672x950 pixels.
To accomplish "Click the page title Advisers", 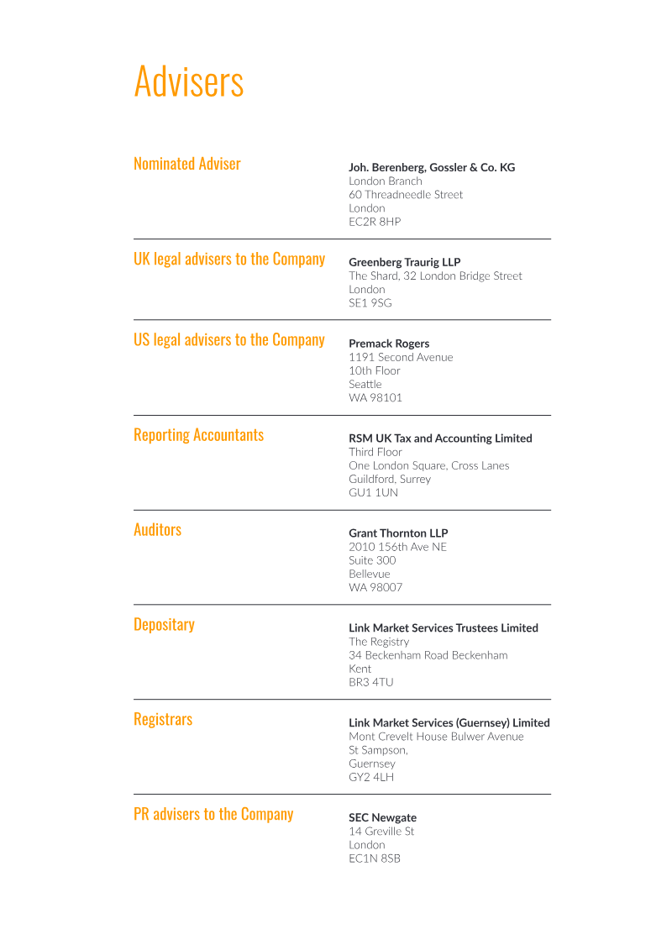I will (189, 81).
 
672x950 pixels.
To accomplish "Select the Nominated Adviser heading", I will (187, 164).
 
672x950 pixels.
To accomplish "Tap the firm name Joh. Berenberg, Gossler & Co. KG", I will (432, 168).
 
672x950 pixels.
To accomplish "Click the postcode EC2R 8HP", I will (375, 222).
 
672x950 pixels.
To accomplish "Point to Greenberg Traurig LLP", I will (405, 262).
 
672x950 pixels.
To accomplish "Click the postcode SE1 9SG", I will (370, 303).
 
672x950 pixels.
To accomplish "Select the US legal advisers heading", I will (229, 340).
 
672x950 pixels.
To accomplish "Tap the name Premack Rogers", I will (389, 344).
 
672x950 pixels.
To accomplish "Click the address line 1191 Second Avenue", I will (401, 357).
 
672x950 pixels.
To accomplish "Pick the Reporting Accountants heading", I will (198, 435).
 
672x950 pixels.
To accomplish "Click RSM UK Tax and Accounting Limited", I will (440, 438).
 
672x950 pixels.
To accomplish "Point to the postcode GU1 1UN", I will (374, 493).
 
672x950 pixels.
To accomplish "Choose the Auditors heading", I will (157, 530).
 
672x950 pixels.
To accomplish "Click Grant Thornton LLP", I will (398, 533).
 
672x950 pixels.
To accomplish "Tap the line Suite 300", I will (372, 560).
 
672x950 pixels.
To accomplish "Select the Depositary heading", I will (164, 625).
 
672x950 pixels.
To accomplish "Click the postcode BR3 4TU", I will (371, 683).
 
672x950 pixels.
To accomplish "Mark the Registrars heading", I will (163, 720).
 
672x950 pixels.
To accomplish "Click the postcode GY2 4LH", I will (371, 778).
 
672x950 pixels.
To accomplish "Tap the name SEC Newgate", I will (382, 818).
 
